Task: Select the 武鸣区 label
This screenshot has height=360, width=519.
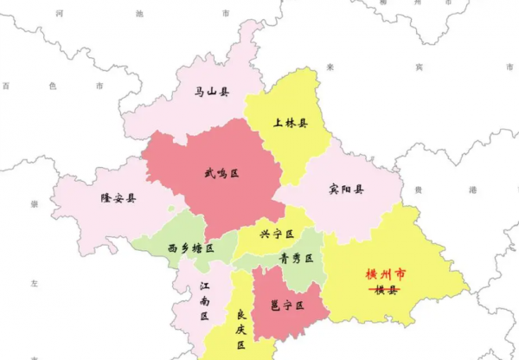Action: point(221,174)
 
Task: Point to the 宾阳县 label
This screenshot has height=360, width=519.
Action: point(346,190)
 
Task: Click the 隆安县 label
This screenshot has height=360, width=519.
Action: point(119,198)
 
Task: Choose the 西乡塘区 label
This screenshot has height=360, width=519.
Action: point(190,248)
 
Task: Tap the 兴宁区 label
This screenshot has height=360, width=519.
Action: point(277,235)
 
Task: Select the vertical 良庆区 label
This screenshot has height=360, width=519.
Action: point(241,329)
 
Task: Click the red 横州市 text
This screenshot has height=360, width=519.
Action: point(385,275)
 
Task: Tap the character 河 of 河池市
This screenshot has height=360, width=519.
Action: point(59,15)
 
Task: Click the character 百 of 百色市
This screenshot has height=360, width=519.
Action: point(6,86)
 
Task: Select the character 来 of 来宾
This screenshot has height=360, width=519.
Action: point(330,67)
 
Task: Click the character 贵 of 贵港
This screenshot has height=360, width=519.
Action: point(420,189)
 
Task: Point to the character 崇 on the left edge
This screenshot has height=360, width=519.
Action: point(35,204)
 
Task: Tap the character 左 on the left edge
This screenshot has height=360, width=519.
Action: point(35,283)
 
